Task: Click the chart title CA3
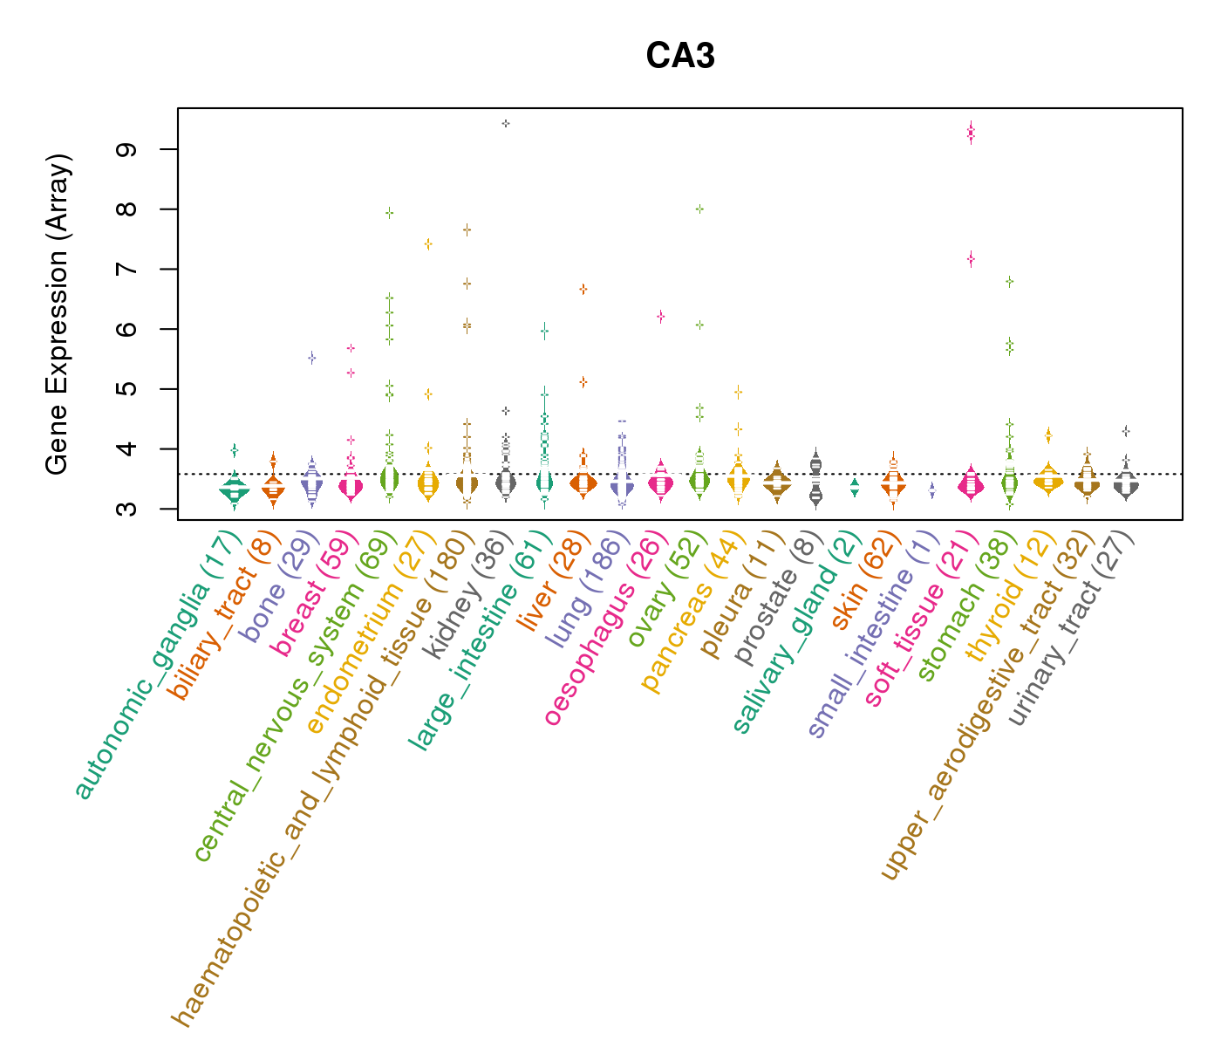coord(680,57)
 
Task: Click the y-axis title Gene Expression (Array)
coord(58,314)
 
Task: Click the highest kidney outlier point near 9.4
coord(506,124)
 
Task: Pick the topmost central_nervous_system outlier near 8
coord(390,212)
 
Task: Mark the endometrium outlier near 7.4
coord(428,243)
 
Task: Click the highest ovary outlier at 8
coord(699,209)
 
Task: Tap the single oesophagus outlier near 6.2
coord(661,316)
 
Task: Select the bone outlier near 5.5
coord(312,358)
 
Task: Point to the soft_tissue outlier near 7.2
coord(971,258)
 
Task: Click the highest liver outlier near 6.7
coord(583,289)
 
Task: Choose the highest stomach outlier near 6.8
coord(1010,281)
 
